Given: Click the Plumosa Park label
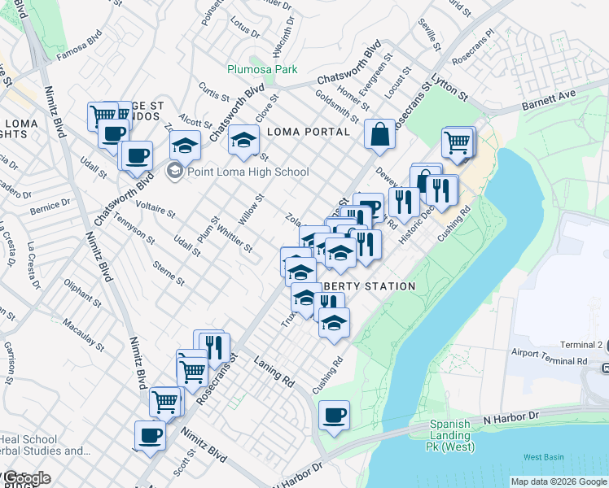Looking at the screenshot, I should (x=262, y=70).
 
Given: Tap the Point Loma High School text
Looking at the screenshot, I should (x=248, y=172).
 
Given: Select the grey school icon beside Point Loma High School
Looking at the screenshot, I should (x=174, y=172).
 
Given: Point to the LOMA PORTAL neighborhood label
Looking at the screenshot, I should (x=309, y=132).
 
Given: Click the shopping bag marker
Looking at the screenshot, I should (x=380, y=135).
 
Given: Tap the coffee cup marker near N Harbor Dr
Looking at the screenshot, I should (x=334, y=416).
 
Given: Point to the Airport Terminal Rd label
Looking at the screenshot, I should (x=550, y=360).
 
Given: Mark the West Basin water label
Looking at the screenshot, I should (x=543, y=457).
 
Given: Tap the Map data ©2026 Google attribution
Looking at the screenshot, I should (x=559, y=481).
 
